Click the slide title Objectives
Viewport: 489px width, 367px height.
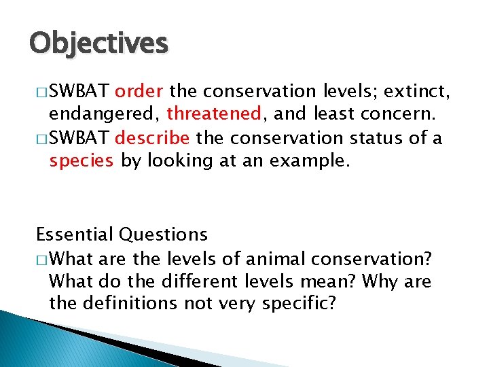(98, 44)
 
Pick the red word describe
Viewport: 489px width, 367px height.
(152, 139)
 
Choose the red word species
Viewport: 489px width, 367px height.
(81, 160)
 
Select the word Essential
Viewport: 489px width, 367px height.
(75, 235)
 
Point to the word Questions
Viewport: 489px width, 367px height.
(163, 235)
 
